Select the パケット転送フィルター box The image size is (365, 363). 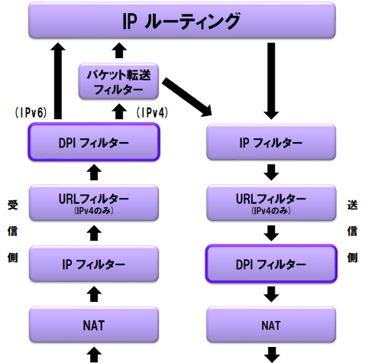[118, 82]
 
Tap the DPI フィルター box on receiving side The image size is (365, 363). [93, 142]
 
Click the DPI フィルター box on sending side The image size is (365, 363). [272, 264]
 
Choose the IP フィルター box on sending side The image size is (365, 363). [272, 142]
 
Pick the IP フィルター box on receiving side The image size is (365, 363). [93, 264]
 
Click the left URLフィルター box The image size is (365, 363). [93, 203]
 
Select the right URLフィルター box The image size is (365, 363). [272, 203]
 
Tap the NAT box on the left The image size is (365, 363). [93, 324]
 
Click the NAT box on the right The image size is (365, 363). [272, 324]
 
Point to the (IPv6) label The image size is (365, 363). [31, 112]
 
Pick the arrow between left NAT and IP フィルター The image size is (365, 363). [93, 293]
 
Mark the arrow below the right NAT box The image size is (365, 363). [272, 354]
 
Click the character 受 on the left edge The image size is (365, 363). [11, 206]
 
